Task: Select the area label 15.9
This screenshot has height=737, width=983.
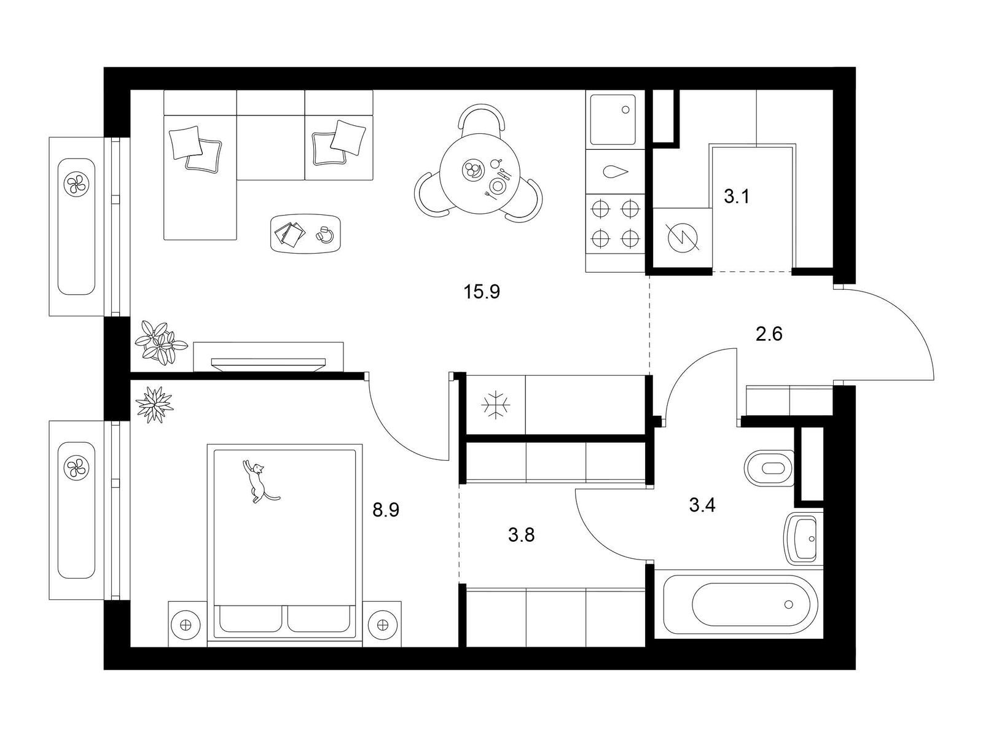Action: (x=482, y=292)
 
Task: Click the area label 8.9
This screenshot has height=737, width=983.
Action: (x=386, y=510)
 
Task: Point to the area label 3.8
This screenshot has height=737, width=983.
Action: (x=521, y=535)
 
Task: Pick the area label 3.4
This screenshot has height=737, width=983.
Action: (x=702, y=505)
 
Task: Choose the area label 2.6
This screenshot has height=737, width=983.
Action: (x=769, y=334)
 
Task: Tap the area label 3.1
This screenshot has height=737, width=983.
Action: (x=737, y=197)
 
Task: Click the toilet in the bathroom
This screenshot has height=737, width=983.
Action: (x=769, y=468)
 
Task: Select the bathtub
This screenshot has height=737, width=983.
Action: (x=740, y=604)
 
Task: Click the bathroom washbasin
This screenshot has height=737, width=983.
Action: (x=803, y=539)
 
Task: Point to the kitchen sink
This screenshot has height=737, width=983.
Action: (x=613, y=120)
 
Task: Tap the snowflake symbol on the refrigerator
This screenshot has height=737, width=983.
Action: (x=495, y=405)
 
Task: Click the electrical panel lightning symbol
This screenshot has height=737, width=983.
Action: (x=683, y=237)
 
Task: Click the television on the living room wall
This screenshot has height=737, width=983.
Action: (x=268, y=364)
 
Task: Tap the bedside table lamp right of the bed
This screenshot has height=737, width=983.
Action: (x=382, y=625)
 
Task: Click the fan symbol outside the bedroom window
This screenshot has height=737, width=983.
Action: (x=76, y=469)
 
